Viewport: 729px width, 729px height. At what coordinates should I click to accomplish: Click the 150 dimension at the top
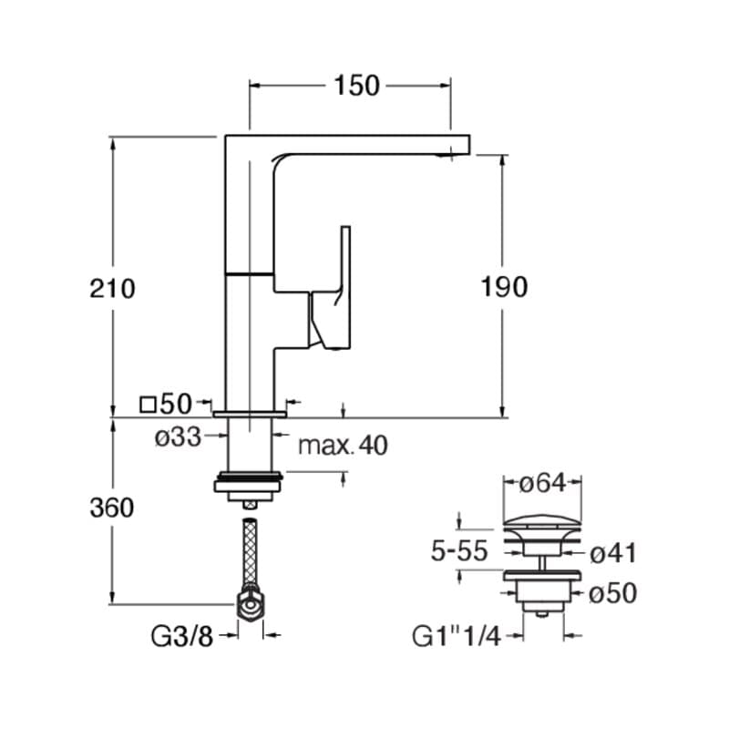[x=356, y=86]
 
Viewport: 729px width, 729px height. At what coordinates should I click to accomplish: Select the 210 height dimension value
[x=112, y=288]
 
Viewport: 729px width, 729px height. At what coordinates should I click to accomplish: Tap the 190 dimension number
[x=504, y=286]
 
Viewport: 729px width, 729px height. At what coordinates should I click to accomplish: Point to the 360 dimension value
[x=112, y=508]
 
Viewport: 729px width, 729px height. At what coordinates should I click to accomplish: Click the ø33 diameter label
[x=178, y=436]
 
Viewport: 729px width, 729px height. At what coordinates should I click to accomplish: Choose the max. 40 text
[x=344, y=445]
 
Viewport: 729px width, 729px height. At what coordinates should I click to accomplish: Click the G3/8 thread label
[x=181, y=636]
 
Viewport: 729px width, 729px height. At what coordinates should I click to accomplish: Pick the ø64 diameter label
[x=542, y=483]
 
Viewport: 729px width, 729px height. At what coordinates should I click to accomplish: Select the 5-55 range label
[x=459, y=551]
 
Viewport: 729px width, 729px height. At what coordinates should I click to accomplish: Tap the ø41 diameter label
[x=613, y=553]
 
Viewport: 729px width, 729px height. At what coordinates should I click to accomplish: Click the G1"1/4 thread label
[x=457, y=636]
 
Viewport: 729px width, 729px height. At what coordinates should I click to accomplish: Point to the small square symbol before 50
[x=148, y=405]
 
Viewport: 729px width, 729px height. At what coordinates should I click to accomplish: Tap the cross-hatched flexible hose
[x=250, y=554]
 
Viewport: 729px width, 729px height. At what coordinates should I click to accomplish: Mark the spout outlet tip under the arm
[x=445, y=156]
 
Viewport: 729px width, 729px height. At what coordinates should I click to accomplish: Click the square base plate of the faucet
[x=250, y=414]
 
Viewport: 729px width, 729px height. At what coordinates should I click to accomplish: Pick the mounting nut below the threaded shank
[x=248, y=487]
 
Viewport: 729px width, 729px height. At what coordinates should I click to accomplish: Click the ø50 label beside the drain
[x=612, y=593]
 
